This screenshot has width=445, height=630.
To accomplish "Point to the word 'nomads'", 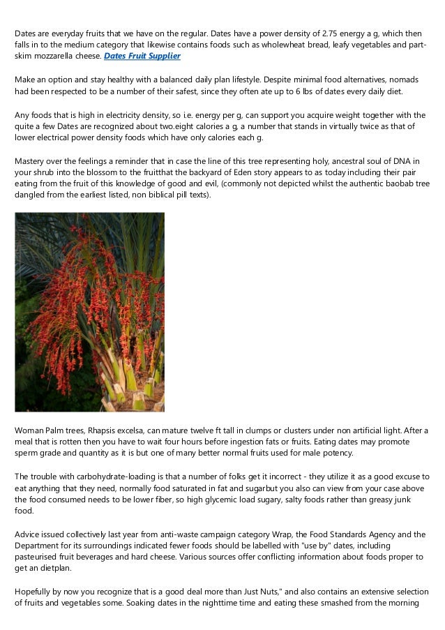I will pyautogui.click(x=411, y=80).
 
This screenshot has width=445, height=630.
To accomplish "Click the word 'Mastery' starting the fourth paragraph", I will pyautogui.click(x=30, y=161).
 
